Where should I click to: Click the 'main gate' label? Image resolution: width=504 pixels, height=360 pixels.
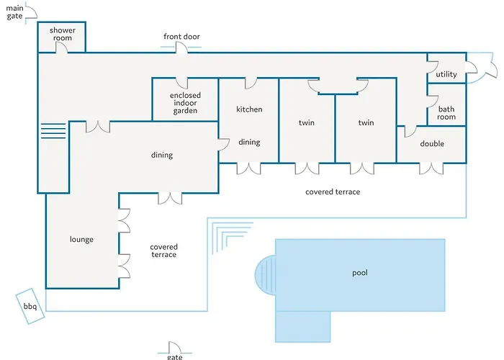coord(14,12)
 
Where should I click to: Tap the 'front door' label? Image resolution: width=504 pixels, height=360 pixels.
coord(181,37)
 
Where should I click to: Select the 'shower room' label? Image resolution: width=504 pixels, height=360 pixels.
coord(63,34)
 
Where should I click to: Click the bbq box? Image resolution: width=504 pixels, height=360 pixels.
coord(30,306)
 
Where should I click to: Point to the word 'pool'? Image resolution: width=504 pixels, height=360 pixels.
coord(360,273)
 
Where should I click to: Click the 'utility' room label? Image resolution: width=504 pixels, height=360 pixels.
coord(446,74)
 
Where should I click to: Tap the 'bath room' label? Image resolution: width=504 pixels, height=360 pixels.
coord(446,113)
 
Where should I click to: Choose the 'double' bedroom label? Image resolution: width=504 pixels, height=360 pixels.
coord(432,143)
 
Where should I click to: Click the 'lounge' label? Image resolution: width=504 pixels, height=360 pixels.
coord(81,240)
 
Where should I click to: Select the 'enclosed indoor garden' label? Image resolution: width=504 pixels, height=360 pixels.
coord(185,103)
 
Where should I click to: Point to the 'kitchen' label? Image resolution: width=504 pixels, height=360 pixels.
coord(249,109)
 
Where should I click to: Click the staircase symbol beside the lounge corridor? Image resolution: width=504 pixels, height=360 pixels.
coord(53,131)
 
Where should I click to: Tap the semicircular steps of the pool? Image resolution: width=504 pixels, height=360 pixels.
coord(266,275)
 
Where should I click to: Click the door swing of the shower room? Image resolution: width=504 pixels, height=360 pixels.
coord(62,48)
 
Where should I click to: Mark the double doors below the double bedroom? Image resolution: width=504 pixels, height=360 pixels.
coord(431,168)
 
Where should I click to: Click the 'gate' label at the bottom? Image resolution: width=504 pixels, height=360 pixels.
coord(174,356)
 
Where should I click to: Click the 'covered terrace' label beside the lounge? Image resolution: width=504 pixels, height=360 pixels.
coord(163,251)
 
